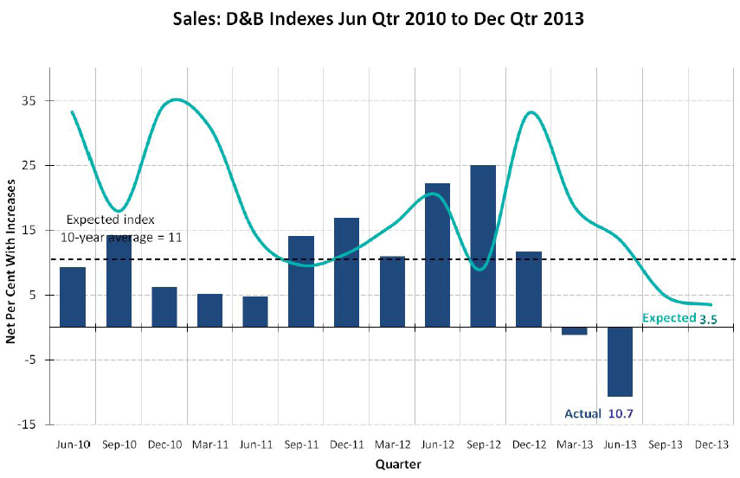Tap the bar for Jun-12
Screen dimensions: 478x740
point(438,255)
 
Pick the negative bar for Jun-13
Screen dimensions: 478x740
point(619,361)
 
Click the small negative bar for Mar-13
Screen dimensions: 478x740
point(574,331)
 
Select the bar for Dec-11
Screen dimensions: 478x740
point(347,272)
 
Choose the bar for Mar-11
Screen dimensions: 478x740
point(210,310)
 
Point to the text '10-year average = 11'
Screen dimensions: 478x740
point(120,236)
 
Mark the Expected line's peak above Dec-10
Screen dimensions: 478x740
point(176,99)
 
